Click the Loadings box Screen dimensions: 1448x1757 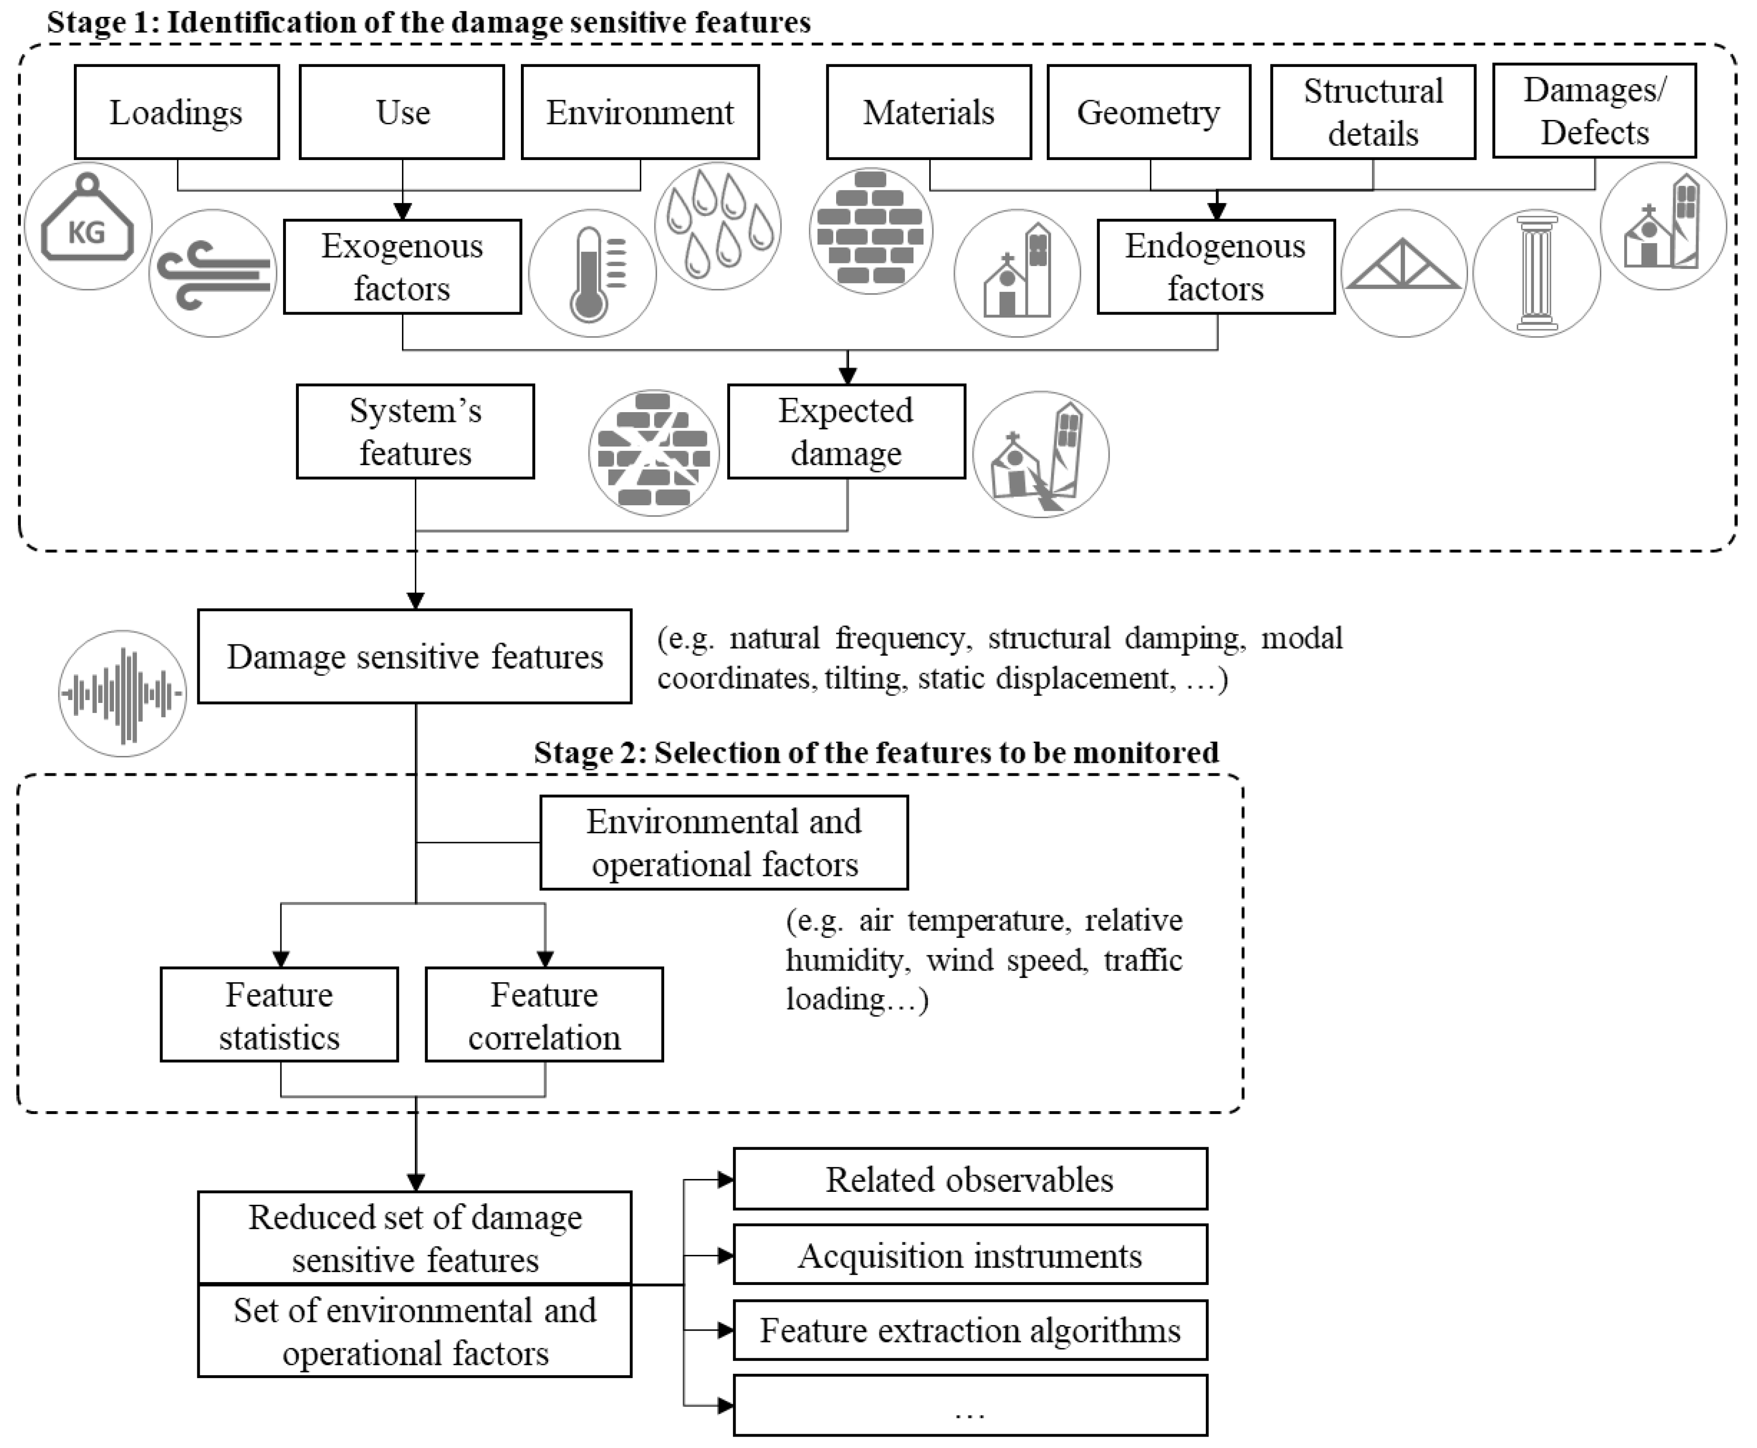click(176, 112)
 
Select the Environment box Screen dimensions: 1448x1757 click(640, 112)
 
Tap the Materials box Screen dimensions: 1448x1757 click(928, 112)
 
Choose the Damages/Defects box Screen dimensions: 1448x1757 click(1593, 111)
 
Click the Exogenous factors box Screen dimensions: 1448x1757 click(402, 267)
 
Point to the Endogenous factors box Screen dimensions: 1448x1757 click(1216, 267)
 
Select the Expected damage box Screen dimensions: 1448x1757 click(846, 431)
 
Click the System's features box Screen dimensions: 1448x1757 click(415, 431)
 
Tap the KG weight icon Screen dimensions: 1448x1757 click(88, 226)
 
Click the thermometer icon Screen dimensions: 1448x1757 click(592, 273)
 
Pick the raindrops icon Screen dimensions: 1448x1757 click(718, 226)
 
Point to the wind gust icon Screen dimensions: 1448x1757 click(213, 273)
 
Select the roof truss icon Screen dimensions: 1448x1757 click(1403, 273)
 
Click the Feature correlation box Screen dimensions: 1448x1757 click(544, 1014)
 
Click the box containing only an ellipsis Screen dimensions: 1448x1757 click(969, 1405)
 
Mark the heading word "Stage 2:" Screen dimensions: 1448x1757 click(589, 753)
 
